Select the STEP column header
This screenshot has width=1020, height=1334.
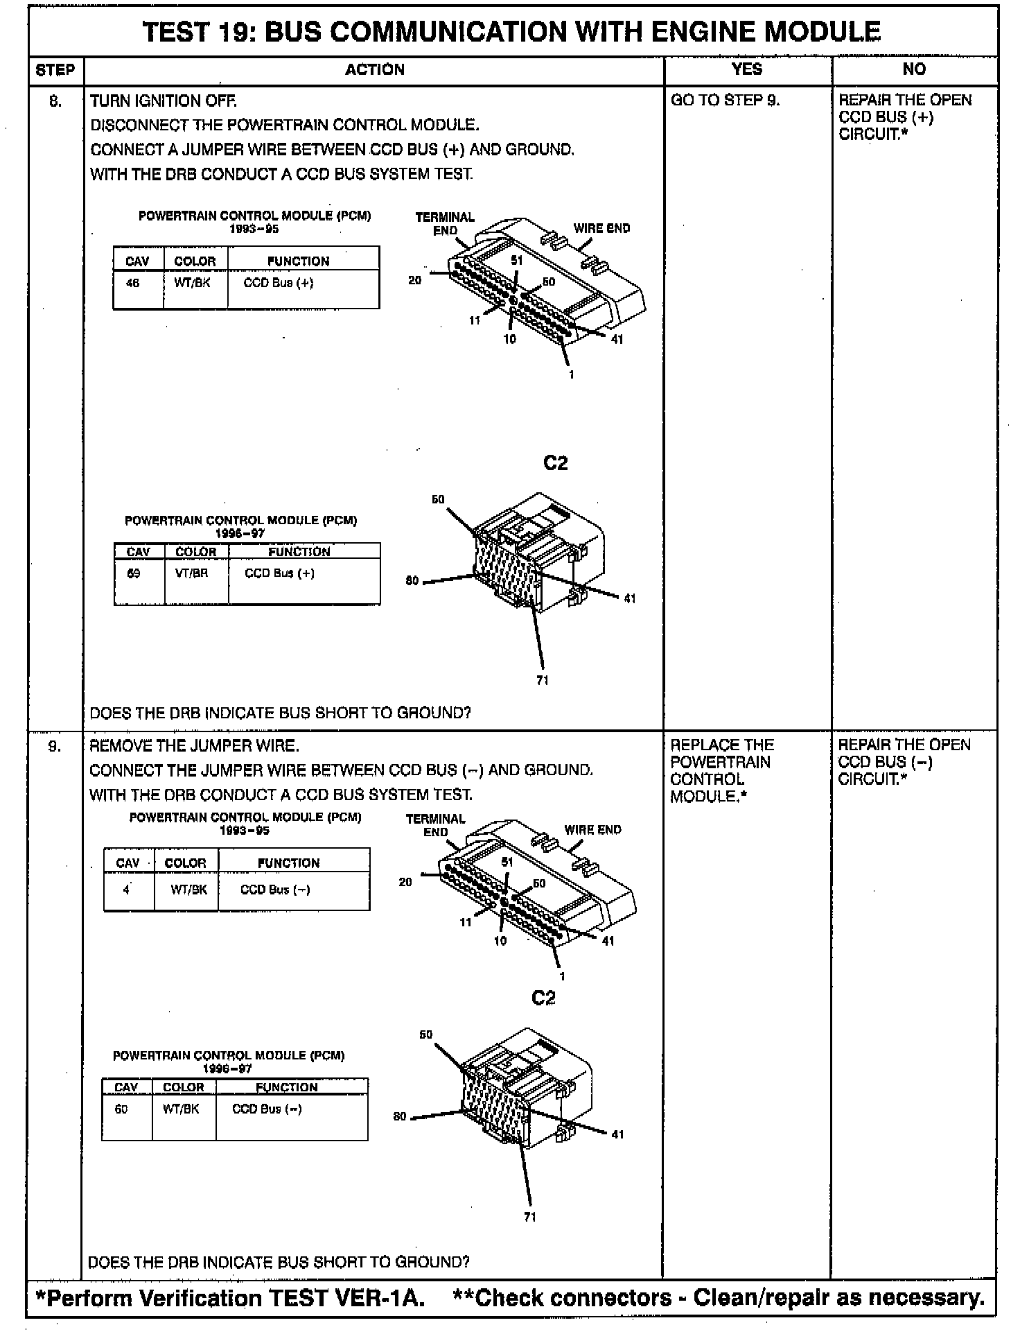coord(55,70)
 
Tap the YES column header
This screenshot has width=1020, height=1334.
coord(746,69)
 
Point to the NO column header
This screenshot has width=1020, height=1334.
coord(913,69)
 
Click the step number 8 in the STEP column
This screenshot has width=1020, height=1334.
coord(55,101)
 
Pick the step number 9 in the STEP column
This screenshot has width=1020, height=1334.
coord(55,746)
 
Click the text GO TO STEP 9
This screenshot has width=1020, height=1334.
coord(725,101)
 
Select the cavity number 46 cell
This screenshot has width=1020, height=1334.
coord(132,283)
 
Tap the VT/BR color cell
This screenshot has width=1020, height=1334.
coord(192,573)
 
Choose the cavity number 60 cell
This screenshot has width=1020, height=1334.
coord(121,1109)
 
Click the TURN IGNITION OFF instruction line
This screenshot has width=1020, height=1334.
coord(164,101)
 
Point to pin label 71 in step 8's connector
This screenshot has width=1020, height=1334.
coord(543,680)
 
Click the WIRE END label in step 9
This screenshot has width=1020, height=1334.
coord(592,830)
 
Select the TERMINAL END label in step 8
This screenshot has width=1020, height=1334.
coord(444,224)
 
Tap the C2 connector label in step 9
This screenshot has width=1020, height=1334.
coord(543,998)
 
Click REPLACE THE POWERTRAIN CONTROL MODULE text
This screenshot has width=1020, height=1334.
coord(720,771)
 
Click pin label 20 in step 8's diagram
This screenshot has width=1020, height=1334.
coord(414,281)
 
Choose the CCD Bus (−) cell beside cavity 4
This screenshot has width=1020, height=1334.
coord(275,890)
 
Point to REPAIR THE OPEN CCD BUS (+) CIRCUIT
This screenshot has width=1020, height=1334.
coord(904,117)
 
